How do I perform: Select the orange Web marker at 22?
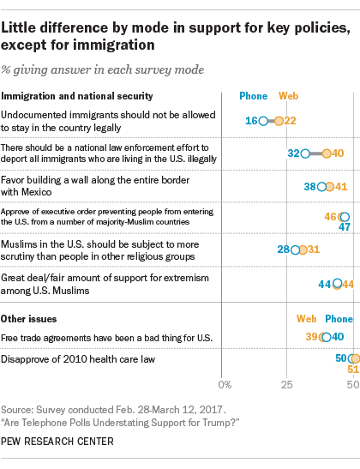click(279, 121)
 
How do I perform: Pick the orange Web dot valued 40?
click(327, 153)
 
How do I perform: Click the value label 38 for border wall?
click(309, 187)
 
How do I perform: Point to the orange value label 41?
click(341, 187)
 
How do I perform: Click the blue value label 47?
click(345, 227)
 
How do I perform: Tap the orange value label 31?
click(314, 250)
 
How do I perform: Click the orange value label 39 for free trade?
click(311, 337)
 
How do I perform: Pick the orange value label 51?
click(353, 370)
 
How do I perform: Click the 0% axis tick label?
click(225, 385)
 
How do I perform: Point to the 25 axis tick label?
click(286, 385)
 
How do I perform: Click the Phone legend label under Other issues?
click(339, 319)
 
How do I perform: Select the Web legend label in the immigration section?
click(289, 96)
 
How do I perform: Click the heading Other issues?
click(28, 319)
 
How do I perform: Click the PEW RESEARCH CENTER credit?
click(57, 442)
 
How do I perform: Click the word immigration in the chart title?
click(114, 45)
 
